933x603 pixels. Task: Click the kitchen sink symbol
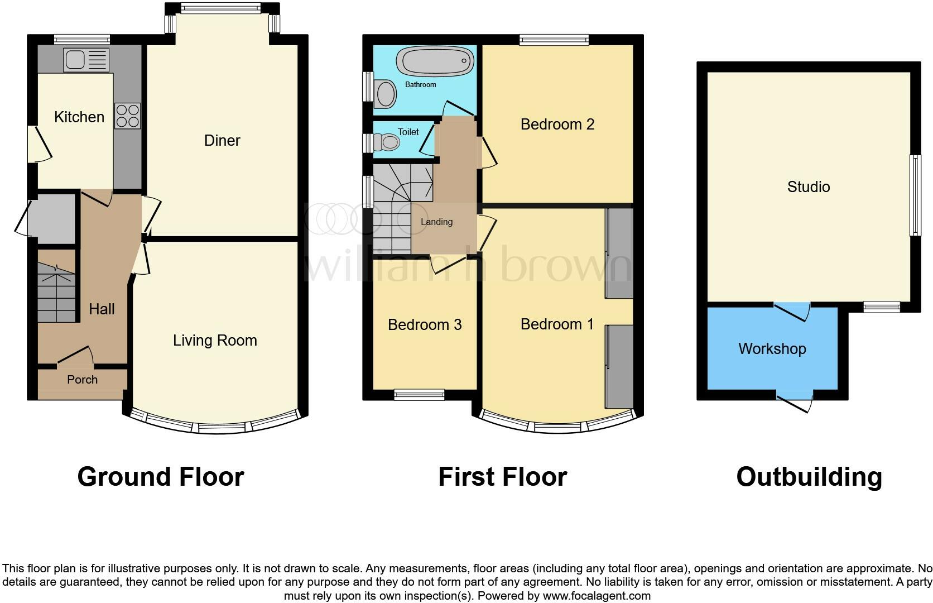pos(86,60)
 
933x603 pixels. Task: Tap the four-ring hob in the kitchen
pos(127,116)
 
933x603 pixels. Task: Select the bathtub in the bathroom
pos(435,61)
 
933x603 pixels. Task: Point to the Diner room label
pos(222,141)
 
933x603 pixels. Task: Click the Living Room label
pos(215,341)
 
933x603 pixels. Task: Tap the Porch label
pos(82,380)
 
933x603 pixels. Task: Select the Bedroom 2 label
pos(557,125)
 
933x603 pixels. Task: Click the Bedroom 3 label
pos(425,325)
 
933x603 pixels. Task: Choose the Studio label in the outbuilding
pos(808,186)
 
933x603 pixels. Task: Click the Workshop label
pos(772,349)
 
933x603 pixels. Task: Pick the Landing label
pos(436,222)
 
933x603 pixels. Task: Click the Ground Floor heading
pos(161,477)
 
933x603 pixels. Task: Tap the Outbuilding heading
pos(809,477)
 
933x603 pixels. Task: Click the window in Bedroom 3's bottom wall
pos(419,395)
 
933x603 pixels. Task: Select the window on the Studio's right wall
pos(915,195)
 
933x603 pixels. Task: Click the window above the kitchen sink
pos(82,39)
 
